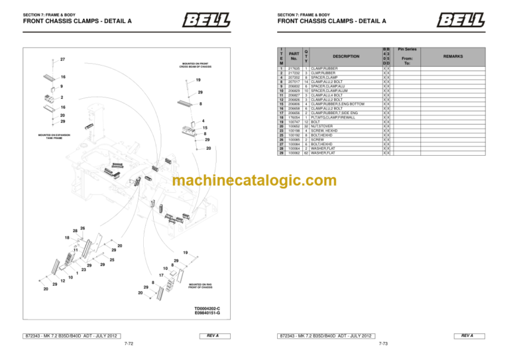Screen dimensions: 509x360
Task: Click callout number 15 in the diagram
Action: [x=205, y=128]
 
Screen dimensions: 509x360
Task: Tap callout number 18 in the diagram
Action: [x=67, y=237]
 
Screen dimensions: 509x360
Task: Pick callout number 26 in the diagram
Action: [x=82, y=229]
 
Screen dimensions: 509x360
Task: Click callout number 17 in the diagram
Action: [x=161, y=274]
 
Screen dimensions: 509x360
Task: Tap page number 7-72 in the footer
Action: [x=129, y=345]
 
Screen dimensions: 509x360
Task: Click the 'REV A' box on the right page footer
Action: [x=467, y=336]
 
